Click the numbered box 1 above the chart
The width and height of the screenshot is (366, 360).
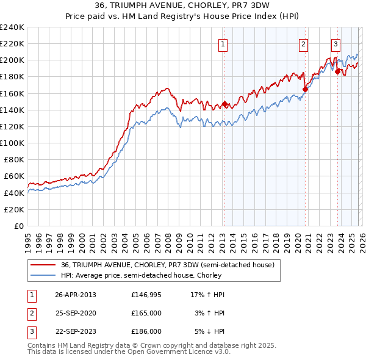pos(223,44)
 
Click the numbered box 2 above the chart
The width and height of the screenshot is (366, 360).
pos(303,44)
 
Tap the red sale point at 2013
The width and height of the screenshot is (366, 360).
pos(224,104)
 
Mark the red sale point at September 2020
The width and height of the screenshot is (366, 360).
pos(305,89)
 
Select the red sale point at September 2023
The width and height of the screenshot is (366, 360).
pos(337,71)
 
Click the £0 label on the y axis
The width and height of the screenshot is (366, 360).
pos(18,226)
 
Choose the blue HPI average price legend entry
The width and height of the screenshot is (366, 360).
pos(159,275)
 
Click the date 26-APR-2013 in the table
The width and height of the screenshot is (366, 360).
pos(75,295)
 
